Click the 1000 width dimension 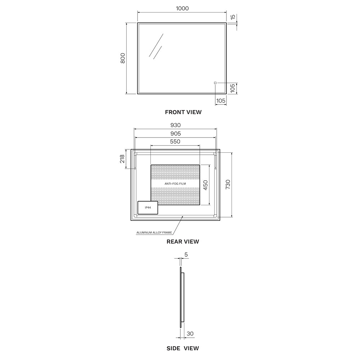point(183,8)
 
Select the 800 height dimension point(123,58)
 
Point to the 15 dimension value point(233,17)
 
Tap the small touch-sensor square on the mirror point(215,83)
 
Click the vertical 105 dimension point(233,88)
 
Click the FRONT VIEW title point(183,112)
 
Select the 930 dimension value point(175,125)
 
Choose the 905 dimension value point(175,134)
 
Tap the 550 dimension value point(175,141)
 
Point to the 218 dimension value point(123,159)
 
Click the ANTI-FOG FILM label point(175,184)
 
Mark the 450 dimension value point(205,185)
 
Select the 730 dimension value point(228,184)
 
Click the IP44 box point(148,208)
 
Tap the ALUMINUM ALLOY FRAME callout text point(154,233)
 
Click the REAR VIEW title point(183,242)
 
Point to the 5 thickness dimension point(186,255)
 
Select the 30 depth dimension point(190,334)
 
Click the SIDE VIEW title point(183,348)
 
